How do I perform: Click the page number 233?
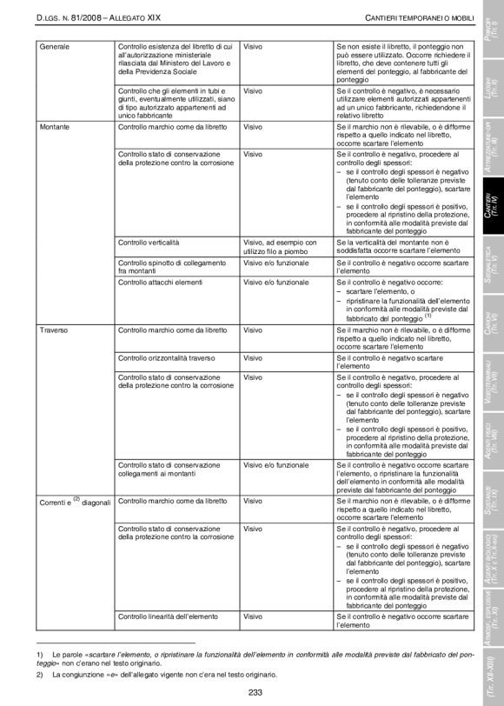(x=255, y=692)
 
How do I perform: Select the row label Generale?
(x=55, y=44)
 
